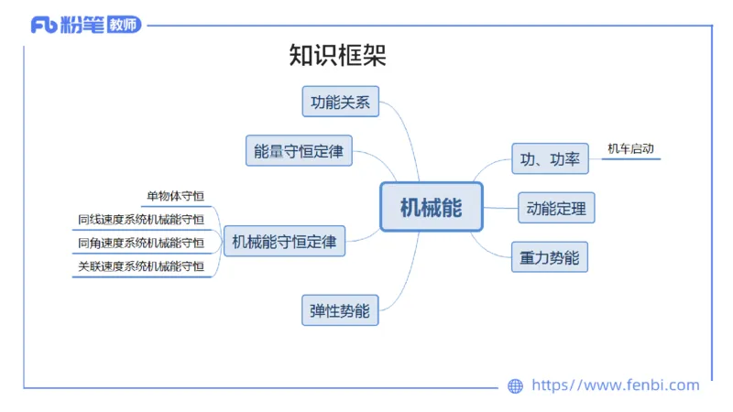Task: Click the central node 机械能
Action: click(x=431, y=207)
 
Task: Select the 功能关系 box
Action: click(x=340, y=102)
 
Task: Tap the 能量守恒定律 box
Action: click(x=299, y=151)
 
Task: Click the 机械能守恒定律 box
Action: click(x=284, y=242)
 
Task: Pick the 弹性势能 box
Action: click(x=340, y=310)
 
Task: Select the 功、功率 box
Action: click(x=550, y=158)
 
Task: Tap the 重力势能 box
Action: click(x=550, y=257)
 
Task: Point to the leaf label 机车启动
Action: click(x=629, y=148)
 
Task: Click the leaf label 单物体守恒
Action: click(x=175, y=195)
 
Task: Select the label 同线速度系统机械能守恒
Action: click(x=141, y=219)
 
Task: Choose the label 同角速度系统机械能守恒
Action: click(x=141, y=243)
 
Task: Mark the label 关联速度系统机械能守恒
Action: click(x=141, y=266)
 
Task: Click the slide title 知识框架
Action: click(x=337, y=56)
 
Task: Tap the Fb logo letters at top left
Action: click(x=43, y=26)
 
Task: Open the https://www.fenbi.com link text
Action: click(x=615, y=385)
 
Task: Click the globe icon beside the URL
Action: click(x=515, y=386)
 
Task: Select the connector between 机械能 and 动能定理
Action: click(x=499, y=208)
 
